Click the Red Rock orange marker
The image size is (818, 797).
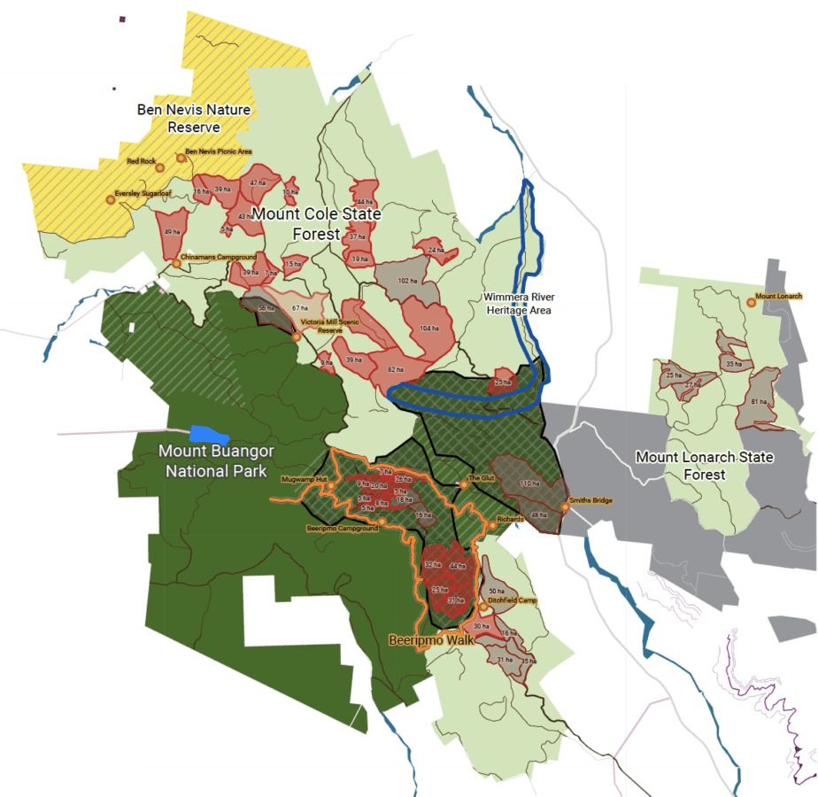coord(160,166)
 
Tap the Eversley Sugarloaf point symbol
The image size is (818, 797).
coord(111,200)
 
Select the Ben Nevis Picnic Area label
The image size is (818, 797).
coord(219,152)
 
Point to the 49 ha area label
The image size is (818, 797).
coord(172,231)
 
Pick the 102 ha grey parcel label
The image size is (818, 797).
coord(407,281)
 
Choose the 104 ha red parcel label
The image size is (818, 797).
coord(429,328)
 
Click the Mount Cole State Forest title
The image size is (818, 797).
coord(316,224)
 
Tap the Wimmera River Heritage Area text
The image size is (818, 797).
coord(519,303)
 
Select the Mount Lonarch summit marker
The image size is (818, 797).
coord(751,302)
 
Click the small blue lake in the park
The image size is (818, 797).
coord(210,435)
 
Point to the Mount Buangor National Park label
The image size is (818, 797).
coord(217,460)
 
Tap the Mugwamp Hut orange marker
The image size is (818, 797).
coord(331,484)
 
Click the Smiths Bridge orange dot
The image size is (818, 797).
coord(565,507)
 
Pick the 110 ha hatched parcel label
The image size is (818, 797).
coord(529,484)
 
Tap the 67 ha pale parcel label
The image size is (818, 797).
coord(299,307)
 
